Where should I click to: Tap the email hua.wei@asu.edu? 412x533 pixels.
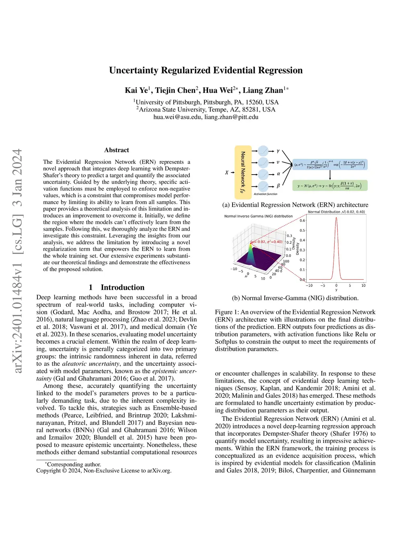click(x=177, y=117)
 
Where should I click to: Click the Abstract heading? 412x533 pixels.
click(x=117, y=150)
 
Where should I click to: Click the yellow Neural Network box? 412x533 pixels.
click(x=243, y=172)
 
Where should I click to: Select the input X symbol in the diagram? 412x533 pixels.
click(x=227, y=173)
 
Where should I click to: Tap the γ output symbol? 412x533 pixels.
click(x=278, y=151)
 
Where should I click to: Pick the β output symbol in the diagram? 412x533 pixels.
click(x=278, y=186)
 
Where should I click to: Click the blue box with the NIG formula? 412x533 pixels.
click(x=330, y=164)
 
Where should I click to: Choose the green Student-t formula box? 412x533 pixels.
click(x=330, y=185)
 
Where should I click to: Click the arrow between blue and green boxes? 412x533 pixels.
click(x=330, y=175)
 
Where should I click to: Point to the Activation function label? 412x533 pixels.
click(x=265, y=194)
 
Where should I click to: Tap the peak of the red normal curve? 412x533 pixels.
click(x=336, y=218)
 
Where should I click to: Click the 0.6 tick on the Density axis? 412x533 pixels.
click(x=302, y=220)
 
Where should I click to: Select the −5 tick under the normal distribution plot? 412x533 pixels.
click(x=323, y=286)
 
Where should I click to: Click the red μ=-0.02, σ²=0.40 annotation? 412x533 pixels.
click(x=266, y=242)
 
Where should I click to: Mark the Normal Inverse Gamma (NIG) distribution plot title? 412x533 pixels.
click(x=258, y=216)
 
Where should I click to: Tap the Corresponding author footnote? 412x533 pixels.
click(x=73, y=464)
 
